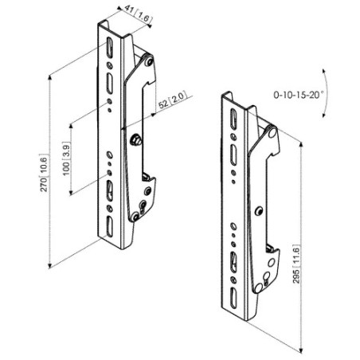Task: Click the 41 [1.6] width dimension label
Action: coord(139,14)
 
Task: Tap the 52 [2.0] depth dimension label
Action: coord(172,100)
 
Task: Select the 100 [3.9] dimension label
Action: coord(66,158)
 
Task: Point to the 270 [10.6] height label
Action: coord(44,173)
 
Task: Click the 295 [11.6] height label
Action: coord(296,264)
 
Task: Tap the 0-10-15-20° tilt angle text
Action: coord(299,95)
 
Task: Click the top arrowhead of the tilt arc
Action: coord(323,71)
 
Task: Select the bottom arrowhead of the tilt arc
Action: coord(324,115)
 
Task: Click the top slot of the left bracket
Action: coord(110,47)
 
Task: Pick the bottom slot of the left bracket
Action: coord(109,225)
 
